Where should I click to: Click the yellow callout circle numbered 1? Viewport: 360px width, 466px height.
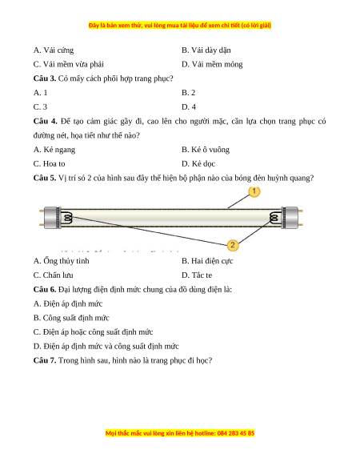point(254,191)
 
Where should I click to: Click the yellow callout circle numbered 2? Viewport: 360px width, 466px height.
point(233,245)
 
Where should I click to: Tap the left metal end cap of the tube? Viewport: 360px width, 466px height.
point(53,218)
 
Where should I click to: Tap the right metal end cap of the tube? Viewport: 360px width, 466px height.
point(290,218)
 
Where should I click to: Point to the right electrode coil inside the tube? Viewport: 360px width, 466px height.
point(274,218)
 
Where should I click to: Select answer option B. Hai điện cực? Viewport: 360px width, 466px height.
point(207,261)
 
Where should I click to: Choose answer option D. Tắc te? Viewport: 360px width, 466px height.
point(197,275)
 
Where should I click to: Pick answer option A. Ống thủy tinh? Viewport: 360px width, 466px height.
point(61,261)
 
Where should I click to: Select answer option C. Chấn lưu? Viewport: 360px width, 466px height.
point(53,275)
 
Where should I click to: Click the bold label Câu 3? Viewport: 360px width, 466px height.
point(45,78)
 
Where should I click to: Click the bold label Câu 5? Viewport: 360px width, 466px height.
point(45,178)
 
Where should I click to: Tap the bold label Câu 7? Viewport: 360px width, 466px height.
point(45,360)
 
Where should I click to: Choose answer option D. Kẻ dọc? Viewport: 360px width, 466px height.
point(198,164)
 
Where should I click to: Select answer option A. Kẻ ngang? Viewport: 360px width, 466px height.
point(54,150)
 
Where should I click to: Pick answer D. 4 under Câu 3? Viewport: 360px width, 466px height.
point(189,107)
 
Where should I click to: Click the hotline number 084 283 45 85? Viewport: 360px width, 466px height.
point(236,433)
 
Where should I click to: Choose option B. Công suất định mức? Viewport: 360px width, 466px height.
point(71,318)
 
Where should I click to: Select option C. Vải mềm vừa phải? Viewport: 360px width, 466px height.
point(69,64)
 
